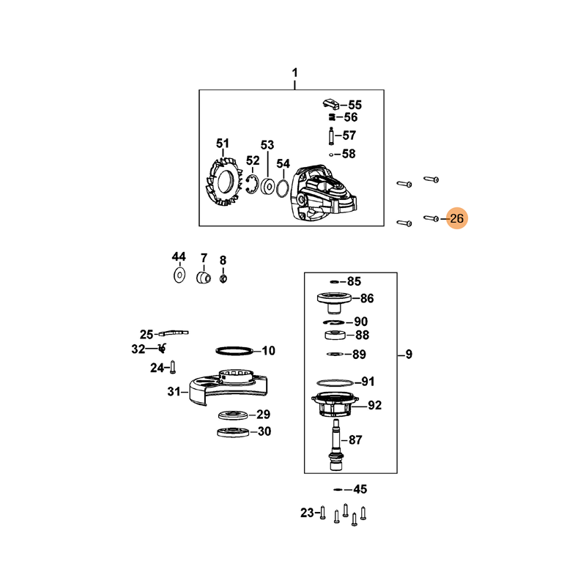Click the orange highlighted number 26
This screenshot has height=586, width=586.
coord(456,218)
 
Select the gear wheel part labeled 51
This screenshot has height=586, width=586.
coord(223,182)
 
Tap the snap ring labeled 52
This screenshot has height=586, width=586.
coord(252,185)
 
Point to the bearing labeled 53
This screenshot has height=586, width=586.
coord(267,186)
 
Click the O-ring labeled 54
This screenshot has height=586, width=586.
coord(283,188)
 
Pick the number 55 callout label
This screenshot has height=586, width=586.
coord(355,105)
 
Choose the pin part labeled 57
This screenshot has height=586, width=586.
coord(331,136)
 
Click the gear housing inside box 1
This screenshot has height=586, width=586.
coord(324,194)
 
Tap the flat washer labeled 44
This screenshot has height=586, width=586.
coord(179,275)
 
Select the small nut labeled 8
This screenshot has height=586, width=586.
coord(223,278)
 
